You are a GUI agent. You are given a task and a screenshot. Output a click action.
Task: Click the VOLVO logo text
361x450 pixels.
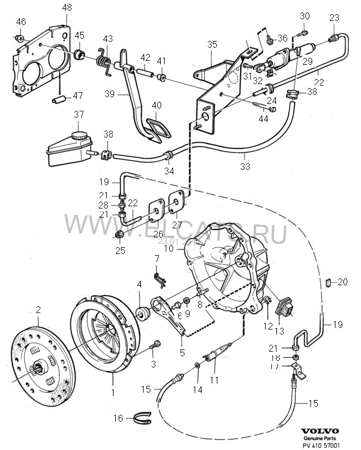pyautogui.click(x=320, y=431)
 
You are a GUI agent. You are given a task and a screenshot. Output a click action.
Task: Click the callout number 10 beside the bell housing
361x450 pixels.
pyautogui.click(x=167, y=249)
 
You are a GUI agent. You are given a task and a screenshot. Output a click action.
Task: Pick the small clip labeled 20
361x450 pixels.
pyautogui.click(x=329, y=281)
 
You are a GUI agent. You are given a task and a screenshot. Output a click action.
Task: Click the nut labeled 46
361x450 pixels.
pyautogui.click(x=20, y=39)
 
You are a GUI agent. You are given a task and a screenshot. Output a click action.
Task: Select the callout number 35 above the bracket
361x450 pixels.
pyautogui.click(x=212, y=44)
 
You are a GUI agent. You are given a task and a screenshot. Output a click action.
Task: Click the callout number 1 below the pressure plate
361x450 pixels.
pyautogui.click(x=112, y=391)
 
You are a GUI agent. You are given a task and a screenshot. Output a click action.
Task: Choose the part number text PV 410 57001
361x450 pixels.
pyautogui.click(x=321, y=446)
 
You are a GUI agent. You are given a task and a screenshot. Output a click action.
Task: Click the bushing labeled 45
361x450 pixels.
pyautogui.click(x=80, y=55)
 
